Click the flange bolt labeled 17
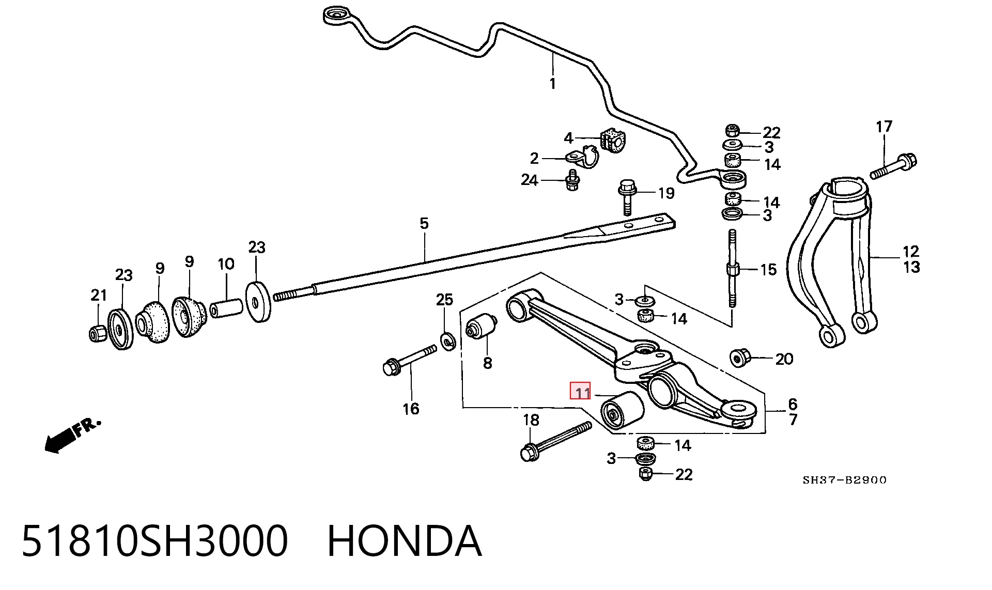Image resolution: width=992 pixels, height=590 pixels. click(x=893, y=166)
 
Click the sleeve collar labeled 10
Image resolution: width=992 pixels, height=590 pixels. click(x=226, y=308)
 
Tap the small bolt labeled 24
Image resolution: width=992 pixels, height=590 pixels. click(x=572, y=180)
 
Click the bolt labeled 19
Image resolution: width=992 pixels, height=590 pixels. click(x=627, y=196)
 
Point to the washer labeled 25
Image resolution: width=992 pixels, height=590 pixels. click(x=447, y=341)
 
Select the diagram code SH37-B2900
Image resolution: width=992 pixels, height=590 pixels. click(x=844, y=480)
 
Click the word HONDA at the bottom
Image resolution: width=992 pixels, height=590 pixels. click(x=405, y=540)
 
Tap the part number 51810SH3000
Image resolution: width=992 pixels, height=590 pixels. click(x=154, y=540)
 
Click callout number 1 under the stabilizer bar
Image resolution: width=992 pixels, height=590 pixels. click(x=553, y=83)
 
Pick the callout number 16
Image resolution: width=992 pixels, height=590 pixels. click(x=411, y=409)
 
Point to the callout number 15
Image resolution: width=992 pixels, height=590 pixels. click(x=768, y=269)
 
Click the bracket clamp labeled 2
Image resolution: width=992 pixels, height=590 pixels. click(x=582, y=157)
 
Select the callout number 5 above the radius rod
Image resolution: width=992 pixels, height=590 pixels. click(x=424, y=224)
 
